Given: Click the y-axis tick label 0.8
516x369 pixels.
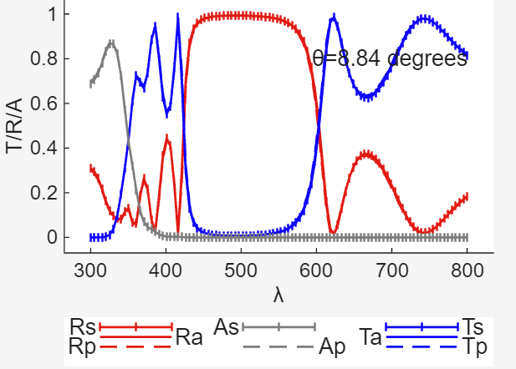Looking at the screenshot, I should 44,59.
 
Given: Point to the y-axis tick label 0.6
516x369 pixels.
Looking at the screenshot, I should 44,104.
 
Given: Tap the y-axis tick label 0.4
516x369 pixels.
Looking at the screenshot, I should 44,149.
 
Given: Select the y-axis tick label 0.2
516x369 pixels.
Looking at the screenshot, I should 44,193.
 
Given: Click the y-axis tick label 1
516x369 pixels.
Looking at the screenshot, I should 52,14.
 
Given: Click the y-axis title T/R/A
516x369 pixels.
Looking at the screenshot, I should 15,125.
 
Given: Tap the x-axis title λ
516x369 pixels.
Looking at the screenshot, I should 278,295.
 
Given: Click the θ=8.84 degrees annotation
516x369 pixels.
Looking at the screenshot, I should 390,59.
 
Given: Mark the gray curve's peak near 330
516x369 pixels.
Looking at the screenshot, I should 110,42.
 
